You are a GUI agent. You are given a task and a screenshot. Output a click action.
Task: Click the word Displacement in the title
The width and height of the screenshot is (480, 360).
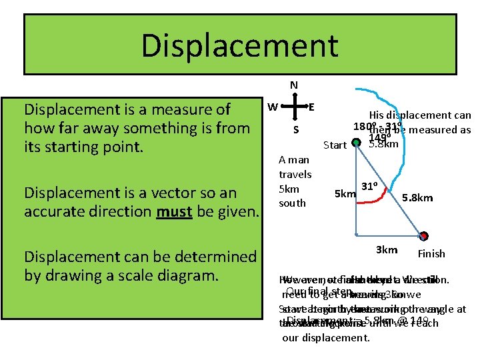click(239, 45)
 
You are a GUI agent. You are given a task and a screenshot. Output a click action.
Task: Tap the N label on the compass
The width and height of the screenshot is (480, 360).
click(294, 85)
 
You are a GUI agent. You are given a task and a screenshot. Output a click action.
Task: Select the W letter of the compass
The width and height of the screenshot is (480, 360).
click(273, 107)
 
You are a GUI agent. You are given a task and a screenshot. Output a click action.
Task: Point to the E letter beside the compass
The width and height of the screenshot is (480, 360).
click(311, 107)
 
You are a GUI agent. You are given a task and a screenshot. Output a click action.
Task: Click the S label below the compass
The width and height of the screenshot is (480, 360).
click(296, 129)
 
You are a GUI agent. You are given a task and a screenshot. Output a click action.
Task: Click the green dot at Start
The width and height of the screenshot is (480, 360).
click(357, 141)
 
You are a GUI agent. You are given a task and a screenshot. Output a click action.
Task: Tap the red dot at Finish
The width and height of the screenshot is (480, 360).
click(424, 235)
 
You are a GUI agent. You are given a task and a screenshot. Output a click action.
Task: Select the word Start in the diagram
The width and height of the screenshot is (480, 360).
click(335, 145)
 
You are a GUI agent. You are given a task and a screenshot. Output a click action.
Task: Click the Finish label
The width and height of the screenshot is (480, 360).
click(431, 253)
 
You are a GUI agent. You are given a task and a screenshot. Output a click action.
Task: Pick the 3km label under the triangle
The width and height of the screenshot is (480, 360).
click(387, 250)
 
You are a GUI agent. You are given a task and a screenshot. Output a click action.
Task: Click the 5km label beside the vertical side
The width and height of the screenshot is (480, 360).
click(344, 194)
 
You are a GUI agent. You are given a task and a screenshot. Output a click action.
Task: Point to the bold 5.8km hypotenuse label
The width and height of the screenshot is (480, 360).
click(418, 197)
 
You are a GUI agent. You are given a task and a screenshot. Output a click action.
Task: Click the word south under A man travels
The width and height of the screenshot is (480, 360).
click(293, 203)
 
